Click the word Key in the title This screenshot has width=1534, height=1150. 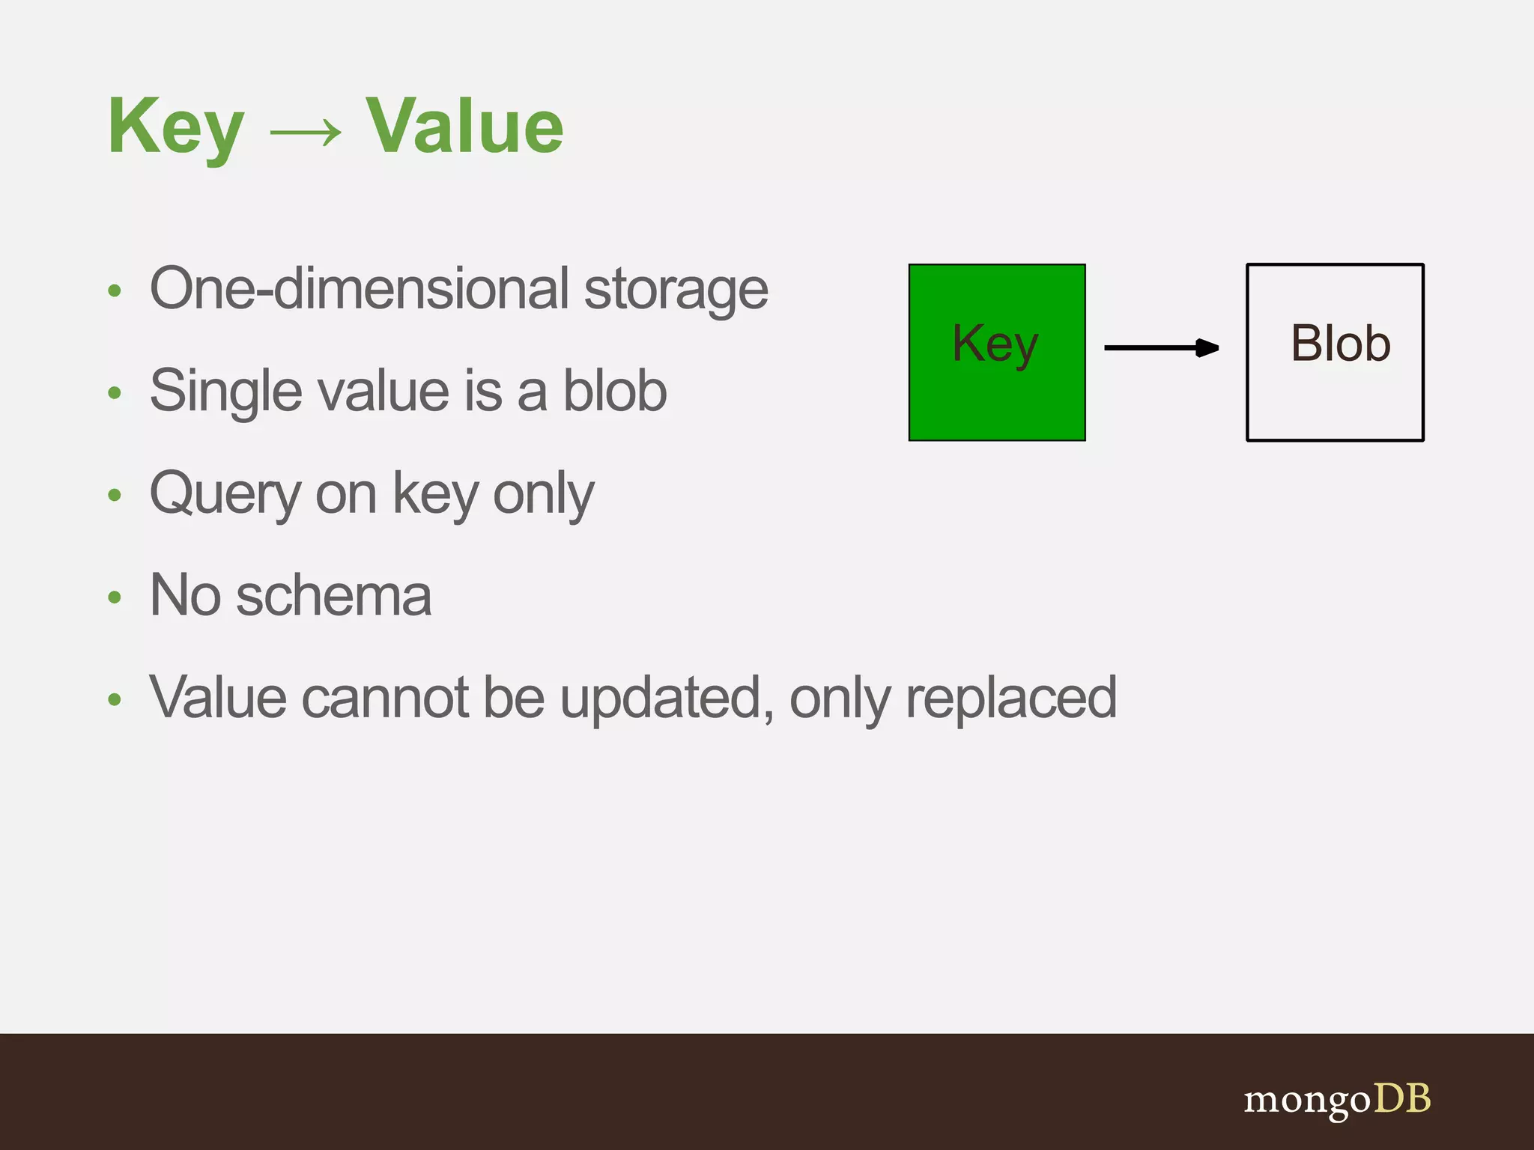[x=176, y=127]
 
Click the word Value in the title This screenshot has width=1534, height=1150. [x=464, y=127]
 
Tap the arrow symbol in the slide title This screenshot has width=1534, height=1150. [x=305, y=133]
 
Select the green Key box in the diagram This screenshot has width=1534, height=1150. [x=996, y=353]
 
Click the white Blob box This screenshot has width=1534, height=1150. [x=1334, y=353]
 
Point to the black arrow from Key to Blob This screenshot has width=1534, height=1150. [x=1161, y=347]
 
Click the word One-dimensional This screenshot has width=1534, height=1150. [x=360, y=288]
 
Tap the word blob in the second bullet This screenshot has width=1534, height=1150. [x=614, y=391]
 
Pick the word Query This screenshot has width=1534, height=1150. [x=225, y=494]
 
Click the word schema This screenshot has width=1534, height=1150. [x=333, y=596]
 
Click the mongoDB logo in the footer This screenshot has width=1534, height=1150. [x=1337, y=1099]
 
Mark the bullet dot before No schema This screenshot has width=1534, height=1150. [x=114, y=597]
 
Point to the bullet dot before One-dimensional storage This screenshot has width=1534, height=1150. [x=114, y=290]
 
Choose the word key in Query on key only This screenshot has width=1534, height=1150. [x=435, y=494]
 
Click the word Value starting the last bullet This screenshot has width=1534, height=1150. [x=217, y=698]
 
